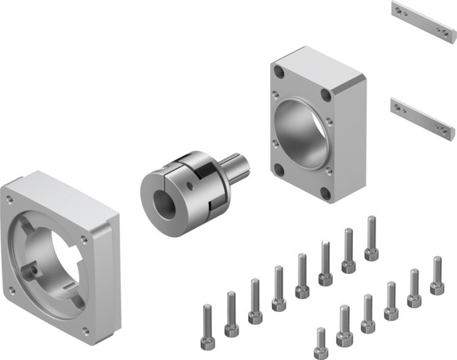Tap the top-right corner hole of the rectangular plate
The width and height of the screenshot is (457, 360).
[x=324, y=95]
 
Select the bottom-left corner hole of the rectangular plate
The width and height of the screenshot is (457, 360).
[x=278, y=169]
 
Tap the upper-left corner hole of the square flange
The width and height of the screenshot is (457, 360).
[x=10, y=199]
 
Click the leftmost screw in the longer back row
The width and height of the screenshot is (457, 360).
[x=207, y=320]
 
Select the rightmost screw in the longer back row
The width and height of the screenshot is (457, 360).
[x=371, y=238]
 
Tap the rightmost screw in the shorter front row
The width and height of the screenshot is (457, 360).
[x=437, y=276]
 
